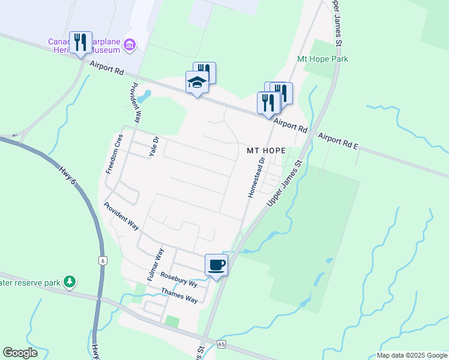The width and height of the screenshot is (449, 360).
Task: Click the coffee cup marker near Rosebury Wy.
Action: click(217, 265)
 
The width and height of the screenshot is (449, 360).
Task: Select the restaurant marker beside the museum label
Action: click(80, 42)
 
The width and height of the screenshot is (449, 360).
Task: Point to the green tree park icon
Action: click(70, 281)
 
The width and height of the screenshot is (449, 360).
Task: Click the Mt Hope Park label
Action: click(322, 59)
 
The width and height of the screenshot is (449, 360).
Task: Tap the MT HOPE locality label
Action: click(265, 151)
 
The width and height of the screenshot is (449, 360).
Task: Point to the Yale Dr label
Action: click(153, 148)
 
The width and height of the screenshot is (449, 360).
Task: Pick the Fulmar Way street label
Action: click(155, 265)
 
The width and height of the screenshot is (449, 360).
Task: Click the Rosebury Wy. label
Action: click(179, 279)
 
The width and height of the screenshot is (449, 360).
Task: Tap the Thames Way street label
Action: click(179, 295)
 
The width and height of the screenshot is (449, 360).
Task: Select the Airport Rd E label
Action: click(338, 142)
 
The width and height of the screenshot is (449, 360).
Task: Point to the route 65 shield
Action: click(221, 344)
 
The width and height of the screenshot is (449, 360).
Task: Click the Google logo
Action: click(20, 353)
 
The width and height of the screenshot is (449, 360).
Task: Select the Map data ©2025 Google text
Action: click(411, 355)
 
